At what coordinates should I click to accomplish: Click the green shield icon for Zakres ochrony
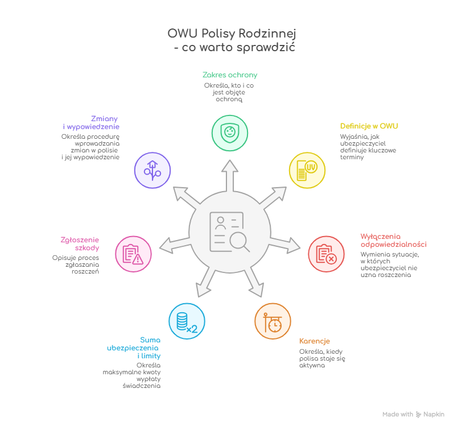click(x=230, y=133)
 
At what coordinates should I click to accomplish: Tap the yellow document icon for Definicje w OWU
click(x=307, y=170)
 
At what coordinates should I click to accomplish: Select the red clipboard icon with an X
click(x=326, y=254)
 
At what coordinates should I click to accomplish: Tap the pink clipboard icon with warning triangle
click(x=133, y=254)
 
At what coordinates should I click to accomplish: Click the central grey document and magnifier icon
click(x=229, y=232)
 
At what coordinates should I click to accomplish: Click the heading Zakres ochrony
click(x=230, y=75)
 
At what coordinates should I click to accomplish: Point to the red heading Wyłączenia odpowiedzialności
click(x=393, y=240)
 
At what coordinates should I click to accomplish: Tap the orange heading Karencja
click(x=315, y=341)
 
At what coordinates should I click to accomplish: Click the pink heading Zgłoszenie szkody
click(x=80, y=243)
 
